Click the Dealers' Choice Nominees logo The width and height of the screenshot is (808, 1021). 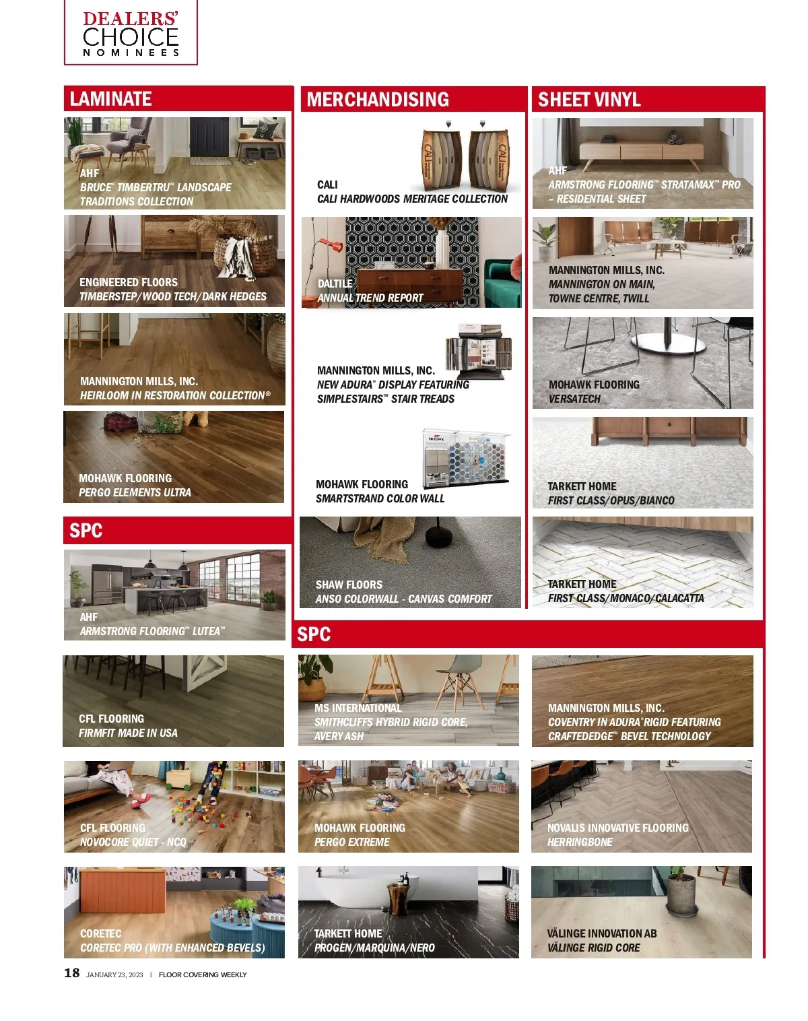[x=131, y=32]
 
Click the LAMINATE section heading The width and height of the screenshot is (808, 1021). [x=110, y=99]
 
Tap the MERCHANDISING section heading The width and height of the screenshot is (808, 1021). [x=378, y=99]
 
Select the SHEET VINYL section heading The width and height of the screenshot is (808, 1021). [x=589, y=100]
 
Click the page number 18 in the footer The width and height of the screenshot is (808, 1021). [x=71, y=973]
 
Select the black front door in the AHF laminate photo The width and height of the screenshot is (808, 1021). [x=209, y=137]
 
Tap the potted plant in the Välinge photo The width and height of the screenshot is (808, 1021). [x=681, y=892]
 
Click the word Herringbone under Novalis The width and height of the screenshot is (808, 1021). [x=580, y=842]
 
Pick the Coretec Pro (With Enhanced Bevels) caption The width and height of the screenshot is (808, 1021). [x=172, y=948]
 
